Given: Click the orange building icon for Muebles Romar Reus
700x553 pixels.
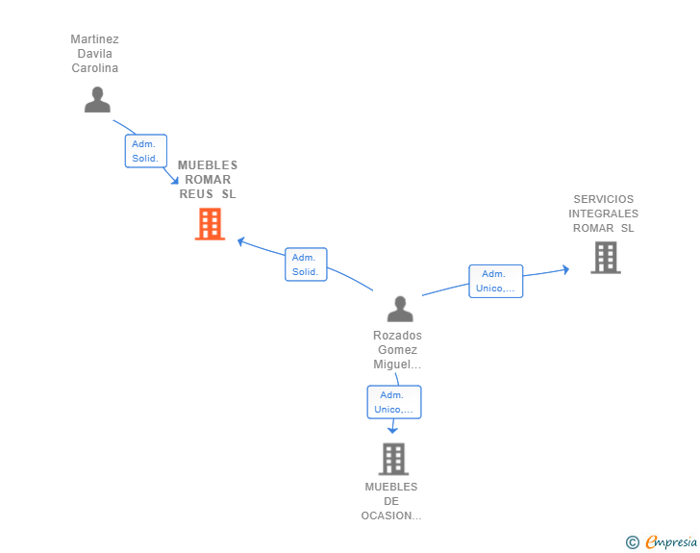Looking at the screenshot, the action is pyautogui.click(x=210, y=224).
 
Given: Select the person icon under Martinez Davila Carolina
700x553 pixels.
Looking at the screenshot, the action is pyautogui.click(x=97, y=100).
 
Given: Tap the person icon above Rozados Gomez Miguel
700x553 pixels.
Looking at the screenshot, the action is pyautogui.click(x=400, y=309).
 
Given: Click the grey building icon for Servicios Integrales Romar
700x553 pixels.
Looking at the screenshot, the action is pyautogui.click(x=606, y=258).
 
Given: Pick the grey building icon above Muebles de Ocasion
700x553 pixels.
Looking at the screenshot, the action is pyautogui.click(x=394, y=459).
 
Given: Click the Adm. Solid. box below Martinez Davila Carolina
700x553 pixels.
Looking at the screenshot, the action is pyautogui.click(x=146, y=151).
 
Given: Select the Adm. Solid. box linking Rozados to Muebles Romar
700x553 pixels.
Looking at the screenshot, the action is pyautogui.click(x=306, y=264).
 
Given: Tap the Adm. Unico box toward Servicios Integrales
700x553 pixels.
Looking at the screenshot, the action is pyautogui.click(x=495, y=281).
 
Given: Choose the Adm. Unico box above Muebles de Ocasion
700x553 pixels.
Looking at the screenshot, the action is pyautogui.click(x=394, y=402).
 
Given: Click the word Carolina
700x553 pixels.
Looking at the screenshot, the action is pyautogui.click(x=94, y=68).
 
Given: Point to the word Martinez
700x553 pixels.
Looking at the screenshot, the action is pyautogui.click(x=94, y=38).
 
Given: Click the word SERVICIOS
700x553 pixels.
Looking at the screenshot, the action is pyautogui.click(x=604, y=199).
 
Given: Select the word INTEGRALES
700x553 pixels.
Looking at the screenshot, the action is pyautogui.click(x=604, y=214).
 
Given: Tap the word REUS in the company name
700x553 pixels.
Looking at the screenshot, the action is pyautogui.click(x=196, y=194).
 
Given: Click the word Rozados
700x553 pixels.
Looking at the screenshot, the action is pyautogui.click(x=397, y=335).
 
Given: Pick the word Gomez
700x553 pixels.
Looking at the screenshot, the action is pyautogui.click(x=397, y=350).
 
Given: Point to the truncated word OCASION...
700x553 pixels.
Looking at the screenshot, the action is pyautogui.click(x=391, y=515).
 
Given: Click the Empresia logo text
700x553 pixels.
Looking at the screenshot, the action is pyautogui.click(x=671, y=541).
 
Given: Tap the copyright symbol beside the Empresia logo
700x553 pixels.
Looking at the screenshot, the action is pyautogui.click(x=632, y=542).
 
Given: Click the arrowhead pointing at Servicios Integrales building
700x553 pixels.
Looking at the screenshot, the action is pyautogui.click(x=565, y=269).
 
